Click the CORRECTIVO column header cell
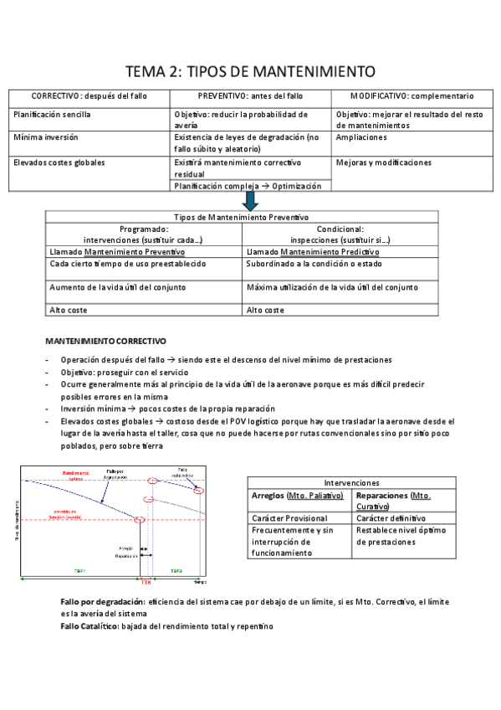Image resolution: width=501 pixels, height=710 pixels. click(89, 96)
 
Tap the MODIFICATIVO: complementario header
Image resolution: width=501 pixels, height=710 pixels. click(412, 96)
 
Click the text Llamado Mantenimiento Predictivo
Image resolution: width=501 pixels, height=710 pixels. click(313, 251)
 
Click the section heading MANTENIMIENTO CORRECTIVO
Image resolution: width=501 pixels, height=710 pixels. click(105, 342)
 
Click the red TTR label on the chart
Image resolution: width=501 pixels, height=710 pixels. click(146, 581)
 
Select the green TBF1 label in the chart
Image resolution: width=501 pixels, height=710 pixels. click(79, 571)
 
